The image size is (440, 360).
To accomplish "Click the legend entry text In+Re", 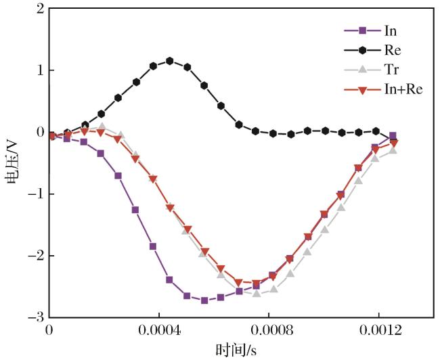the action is (403, 89).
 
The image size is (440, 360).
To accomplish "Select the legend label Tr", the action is (391, 69).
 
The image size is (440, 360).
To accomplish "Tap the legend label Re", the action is (393, 50).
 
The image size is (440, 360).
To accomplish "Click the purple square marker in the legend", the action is (363, 30).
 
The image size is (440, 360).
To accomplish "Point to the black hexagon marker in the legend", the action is (363, 50).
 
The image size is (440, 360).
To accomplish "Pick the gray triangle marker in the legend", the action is (363, 69).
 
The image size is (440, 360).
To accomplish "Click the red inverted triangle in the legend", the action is (363, 90).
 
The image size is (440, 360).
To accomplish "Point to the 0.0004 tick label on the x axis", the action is (159, 330).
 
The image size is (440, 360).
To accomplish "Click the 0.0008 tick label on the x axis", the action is (269, 330).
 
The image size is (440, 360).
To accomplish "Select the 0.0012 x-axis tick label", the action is (378, 330).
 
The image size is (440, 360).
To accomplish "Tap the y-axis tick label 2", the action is (41, 9).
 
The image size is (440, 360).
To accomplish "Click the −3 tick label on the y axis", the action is (36, 317).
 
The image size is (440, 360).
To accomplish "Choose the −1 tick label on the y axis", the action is (36, 194).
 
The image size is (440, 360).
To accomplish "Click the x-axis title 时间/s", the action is (236, 350).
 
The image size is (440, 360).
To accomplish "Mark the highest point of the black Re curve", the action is (169, 61).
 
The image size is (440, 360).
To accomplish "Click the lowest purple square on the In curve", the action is (204, 300).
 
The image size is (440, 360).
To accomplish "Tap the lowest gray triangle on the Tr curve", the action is (257, 294).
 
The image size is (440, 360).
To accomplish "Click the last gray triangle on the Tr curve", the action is (393, 150).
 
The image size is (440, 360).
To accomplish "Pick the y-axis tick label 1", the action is (41, 70).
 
